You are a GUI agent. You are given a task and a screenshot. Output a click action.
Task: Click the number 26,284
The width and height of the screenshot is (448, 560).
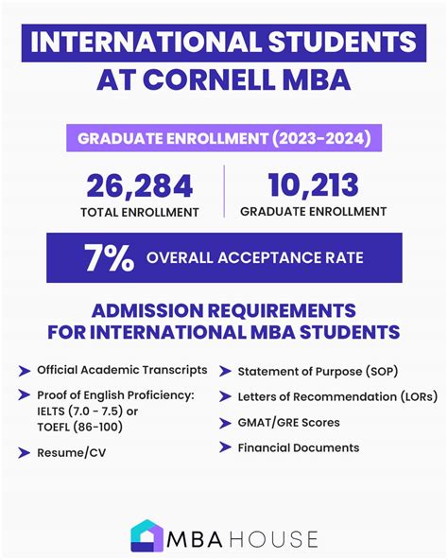pyautogui.click(x=139, y=185)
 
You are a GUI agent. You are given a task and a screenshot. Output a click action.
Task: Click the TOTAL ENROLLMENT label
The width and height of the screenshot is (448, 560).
pyautogui.click(x=139, y=212)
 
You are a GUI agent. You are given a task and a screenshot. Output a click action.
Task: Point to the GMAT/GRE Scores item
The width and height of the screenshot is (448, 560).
pyautogui.click(x=287, y=422)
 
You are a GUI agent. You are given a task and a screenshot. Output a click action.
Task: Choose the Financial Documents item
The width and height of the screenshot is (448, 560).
pyautogui.click(x=298, y=447)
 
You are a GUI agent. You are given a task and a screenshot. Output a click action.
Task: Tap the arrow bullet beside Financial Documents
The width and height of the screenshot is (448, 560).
pyautogui.click(x=224, y=447)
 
